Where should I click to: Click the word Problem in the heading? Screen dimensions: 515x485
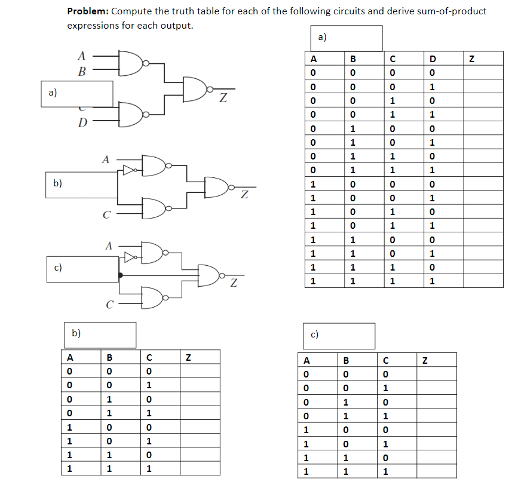pos(87,11)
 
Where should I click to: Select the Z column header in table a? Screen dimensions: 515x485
pos(472,59)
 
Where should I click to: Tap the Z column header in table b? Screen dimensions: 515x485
pos(189,358)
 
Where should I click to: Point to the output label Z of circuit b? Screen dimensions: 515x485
pos(244,194)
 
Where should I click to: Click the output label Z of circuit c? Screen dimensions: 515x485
pos(234,283)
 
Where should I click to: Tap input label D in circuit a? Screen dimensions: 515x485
pos(83,124)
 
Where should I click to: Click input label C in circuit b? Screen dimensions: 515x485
pos(105,215)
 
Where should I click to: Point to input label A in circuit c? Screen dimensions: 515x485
pos(108,245)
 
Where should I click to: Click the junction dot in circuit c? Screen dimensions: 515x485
pos(120,275)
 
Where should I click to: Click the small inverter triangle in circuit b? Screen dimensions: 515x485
pos(128,170)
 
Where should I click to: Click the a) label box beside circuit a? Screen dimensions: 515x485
pos(77,93)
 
